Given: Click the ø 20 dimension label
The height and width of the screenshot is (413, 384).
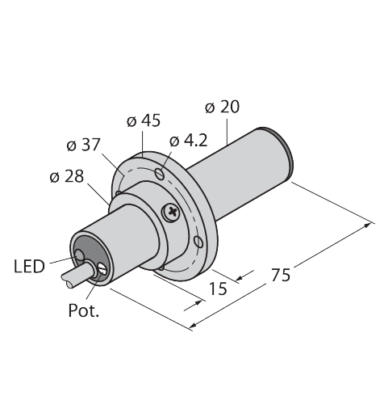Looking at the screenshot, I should click(x=223, y=107).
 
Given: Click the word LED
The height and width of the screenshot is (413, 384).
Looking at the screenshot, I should click(x=28, y=264).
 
